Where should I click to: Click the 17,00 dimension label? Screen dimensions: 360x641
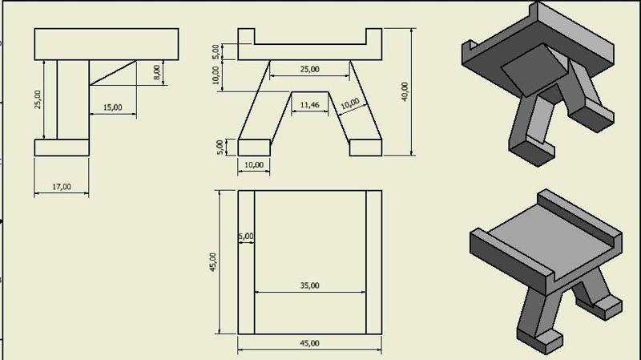coord(61,187)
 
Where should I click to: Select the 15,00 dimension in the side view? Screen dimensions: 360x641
coord(112,107)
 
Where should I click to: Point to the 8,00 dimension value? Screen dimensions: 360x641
coord(157,71)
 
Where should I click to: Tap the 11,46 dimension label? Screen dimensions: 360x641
coord(308,105)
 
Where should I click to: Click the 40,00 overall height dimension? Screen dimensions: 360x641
coord(405,91)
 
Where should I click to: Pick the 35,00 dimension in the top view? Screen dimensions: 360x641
coord(309,285)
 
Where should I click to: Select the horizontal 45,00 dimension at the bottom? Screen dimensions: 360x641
coord(309,343)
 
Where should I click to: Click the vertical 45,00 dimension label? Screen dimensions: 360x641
coord(212,261)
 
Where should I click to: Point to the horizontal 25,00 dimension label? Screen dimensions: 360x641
coord(309,70)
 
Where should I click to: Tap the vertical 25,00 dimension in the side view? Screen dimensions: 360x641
coord(39,99)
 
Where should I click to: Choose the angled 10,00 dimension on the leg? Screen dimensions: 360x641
coord(349,103)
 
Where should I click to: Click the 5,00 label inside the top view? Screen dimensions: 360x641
coord(245,237)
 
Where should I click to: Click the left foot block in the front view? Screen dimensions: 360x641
coord(255,147)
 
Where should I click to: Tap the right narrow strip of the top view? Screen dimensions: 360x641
coord(373,261)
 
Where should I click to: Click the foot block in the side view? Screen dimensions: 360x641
coord(61,147)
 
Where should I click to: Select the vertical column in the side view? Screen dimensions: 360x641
coord(72,99)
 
